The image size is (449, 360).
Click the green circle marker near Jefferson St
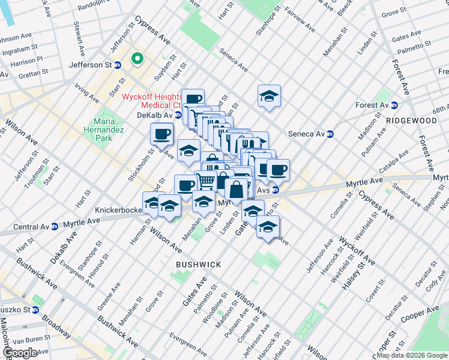(137, 59)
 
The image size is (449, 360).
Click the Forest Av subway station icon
(394, 106)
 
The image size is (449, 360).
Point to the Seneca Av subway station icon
(330, 134)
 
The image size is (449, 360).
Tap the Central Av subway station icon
(54, 227)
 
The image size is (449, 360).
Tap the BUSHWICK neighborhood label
(198, 265)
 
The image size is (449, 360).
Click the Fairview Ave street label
(300, 20)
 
